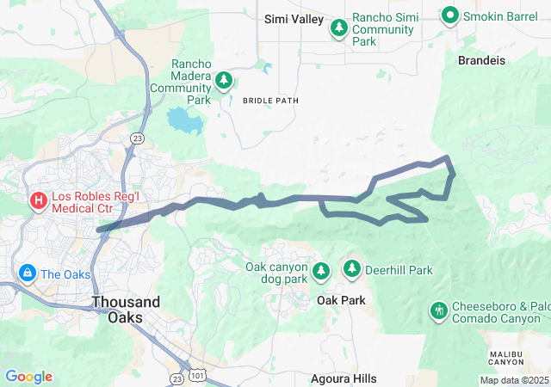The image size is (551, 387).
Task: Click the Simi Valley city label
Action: [294, 19]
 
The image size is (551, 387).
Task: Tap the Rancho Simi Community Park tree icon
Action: [340, 28]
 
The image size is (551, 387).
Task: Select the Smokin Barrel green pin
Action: [449, 14]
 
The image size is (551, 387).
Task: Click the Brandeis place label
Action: [481, 60]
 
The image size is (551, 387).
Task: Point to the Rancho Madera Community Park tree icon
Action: [224, 81]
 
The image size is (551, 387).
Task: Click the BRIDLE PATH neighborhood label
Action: [270, 101]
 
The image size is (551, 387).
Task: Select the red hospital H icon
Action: [38, 202]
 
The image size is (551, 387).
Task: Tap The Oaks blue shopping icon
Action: [27, 273]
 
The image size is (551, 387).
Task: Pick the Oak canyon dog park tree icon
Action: [321, 272]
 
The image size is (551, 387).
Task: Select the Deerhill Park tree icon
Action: [352, 270]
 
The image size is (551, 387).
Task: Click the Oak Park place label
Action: [341, 300]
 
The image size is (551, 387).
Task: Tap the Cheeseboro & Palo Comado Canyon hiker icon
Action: [438, 309]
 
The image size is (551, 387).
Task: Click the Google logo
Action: [28, 377]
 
